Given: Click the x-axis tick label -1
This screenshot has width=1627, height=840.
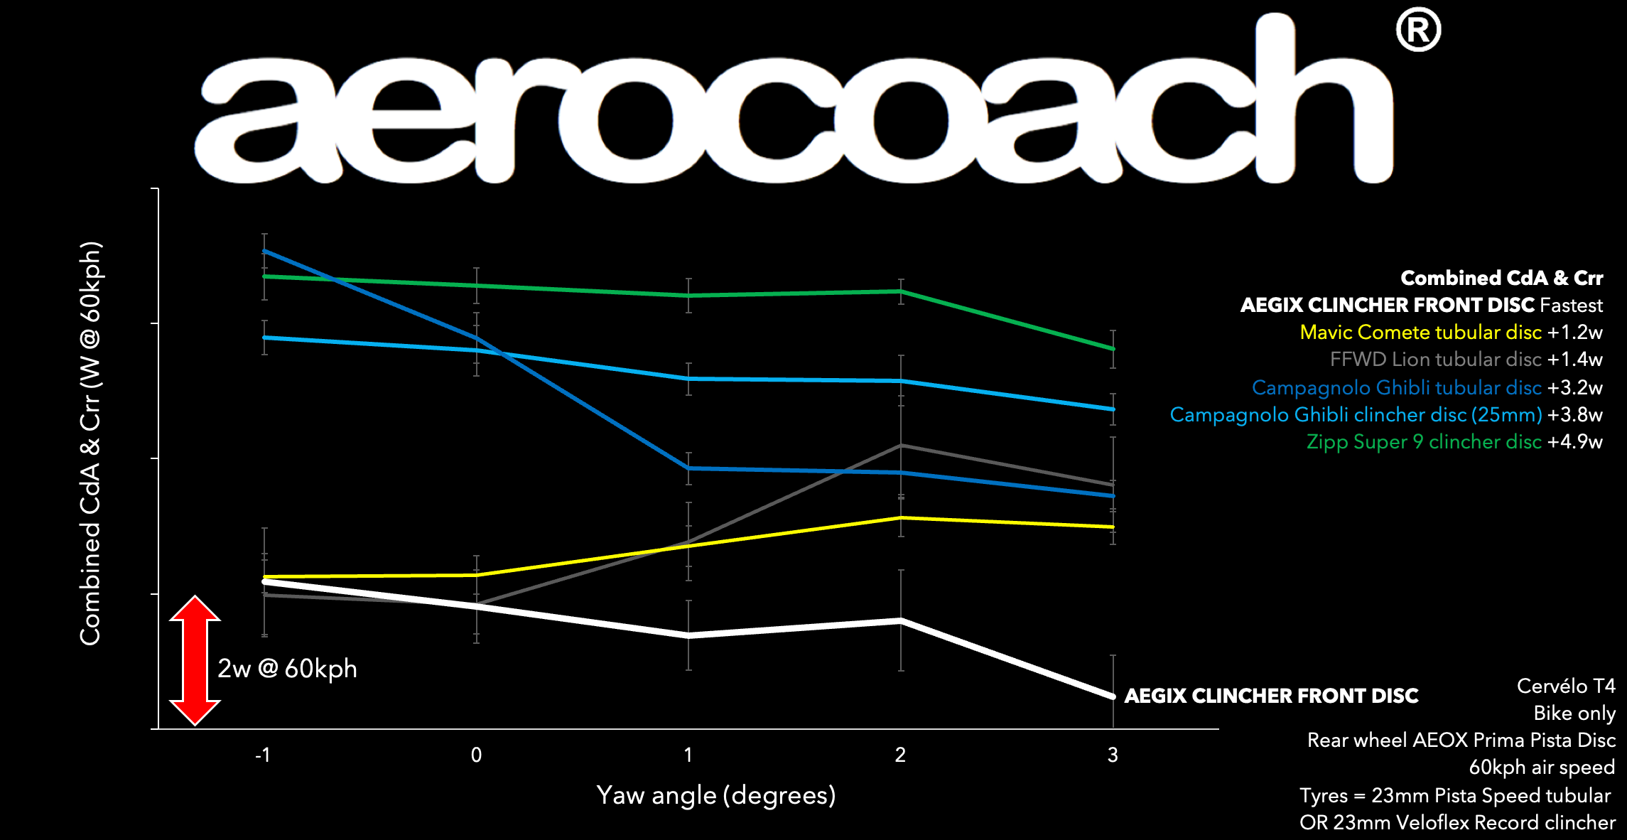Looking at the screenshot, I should tap(263, 755).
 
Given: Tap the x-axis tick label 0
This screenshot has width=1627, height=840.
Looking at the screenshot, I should tap(476, 755).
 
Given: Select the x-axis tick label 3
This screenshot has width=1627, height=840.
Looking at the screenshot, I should tap(1113, 755).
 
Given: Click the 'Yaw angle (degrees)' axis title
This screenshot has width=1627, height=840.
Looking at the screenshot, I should tap(716, 795).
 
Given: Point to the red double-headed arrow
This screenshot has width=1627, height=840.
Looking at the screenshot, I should tap(195, 660).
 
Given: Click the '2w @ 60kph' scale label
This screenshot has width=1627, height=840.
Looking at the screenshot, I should tap(287, 669).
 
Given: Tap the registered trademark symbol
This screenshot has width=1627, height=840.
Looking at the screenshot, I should tap(1418, 30).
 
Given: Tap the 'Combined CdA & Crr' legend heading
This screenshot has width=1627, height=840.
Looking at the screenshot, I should tap(1501, 278).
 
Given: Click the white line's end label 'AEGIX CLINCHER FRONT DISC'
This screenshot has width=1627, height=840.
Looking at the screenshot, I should tap(1271, 696).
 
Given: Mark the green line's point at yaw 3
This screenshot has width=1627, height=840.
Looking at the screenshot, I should tap(1113, 349).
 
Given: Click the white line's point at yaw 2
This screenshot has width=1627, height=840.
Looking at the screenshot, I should tap(901, 620).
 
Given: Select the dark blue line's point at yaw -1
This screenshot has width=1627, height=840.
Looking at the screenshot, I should tap(264, 251).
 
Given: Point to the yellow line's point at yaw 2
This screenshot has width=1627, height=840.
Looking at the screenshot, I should tap(901, 518).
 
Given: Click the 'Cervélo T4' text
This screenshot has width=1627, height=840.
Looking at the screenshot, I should tap(1566, 686).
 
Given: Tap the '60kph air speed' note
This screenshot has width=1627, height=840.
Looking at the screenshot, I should tap(1542, 768).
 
